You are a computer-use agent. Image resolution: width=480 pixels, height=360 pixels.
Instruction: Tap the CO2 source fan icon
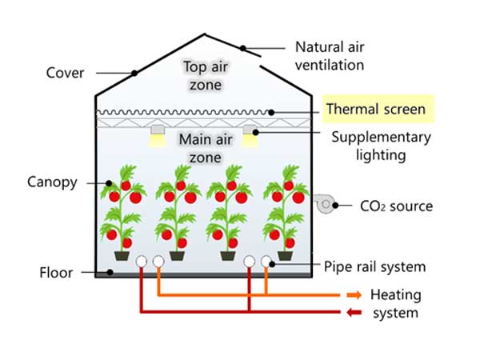pyautogui.click(x=323, y=205)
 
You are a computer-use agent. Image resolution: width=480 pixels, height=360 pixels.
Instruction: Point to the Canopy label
pyautogui.click(x=51, y=182)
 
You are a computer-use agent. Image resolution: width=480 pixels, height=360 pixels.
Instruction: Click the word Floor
pyautogui.click(x=56, y=272)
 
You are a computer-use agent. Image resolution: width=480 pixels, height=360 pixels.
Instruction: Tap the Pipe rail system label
pyautogui.click(x=374, y=266)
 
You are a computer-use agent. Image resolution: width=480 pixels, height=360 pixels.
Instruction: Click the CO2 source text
pyautogui.click(x=395, y=206)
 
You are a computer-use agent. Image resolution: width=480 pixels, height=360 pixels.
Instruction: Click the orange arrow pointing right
pyautogui.click(x=354, y=295)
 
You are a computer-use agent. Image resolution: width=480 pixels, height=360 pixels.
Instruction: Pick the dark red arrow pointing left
pyautogui.click(x=354, y=313)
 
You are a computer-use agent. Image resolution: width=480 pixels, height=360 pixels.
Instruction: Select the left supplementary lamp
pyautogui.click(x=157, y=134)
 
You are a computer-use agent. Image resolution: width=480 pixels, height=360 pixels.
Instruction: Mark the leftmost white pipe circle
pyautogui.click(x=142, y=262)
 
